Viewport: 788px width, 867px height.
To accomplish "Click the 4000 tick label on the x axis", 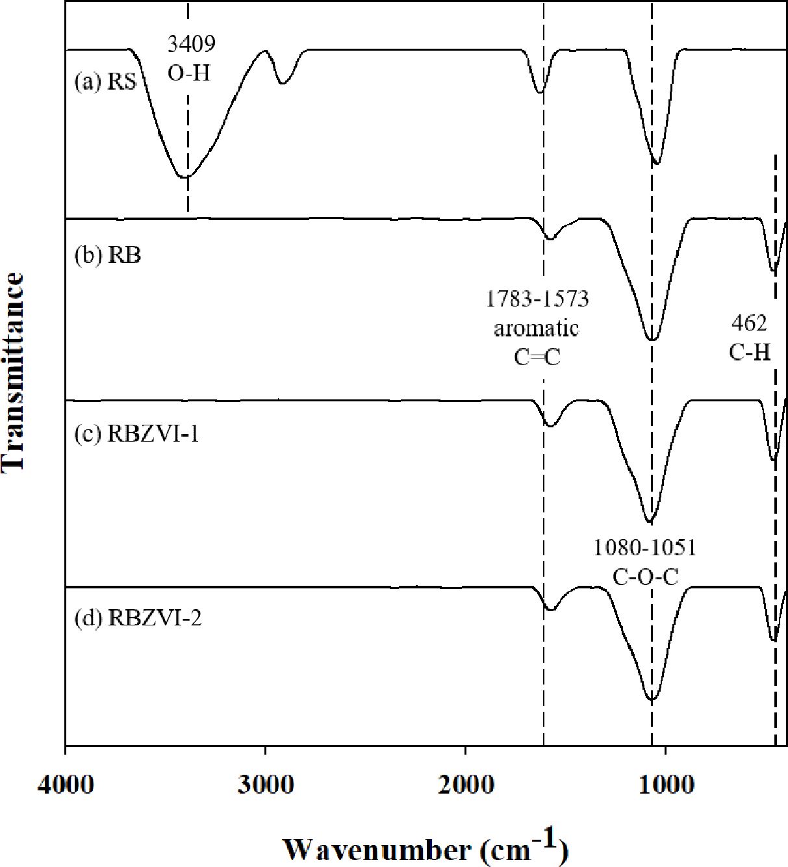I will coord(66,777).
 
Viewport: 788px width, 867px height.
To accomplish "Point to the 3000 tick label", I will coord(266,777).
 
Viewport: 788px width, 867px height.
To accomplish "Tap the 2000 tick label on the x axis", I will coord(465,777).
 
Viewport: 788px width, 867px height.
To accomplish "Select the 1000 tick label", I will coord(665,777).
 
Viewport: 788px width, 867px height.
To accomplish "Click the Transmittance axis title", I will coord(14,371).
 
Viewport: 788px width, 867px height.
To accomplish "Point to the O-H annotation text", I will coord(190,72).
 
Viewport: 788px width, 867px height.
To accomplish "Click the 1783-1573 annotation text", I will coord(538,299).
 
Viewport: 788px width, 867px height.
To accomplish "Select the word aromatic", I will coord(537,329).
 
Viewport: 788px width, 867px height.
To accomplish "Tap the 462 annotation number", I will coord(750,322).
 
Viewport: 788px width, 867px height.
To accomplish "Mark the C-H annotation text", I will coord(750,352).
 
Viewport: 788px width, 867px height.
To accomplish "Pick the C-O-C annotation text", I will coord(646,576).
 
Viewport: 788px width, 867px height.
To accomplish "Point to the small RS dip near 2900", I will coord(282,83).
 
